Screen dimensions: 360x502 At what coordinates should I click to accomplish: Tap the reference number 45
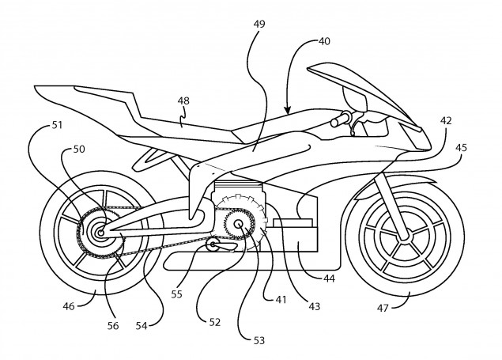462,146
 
